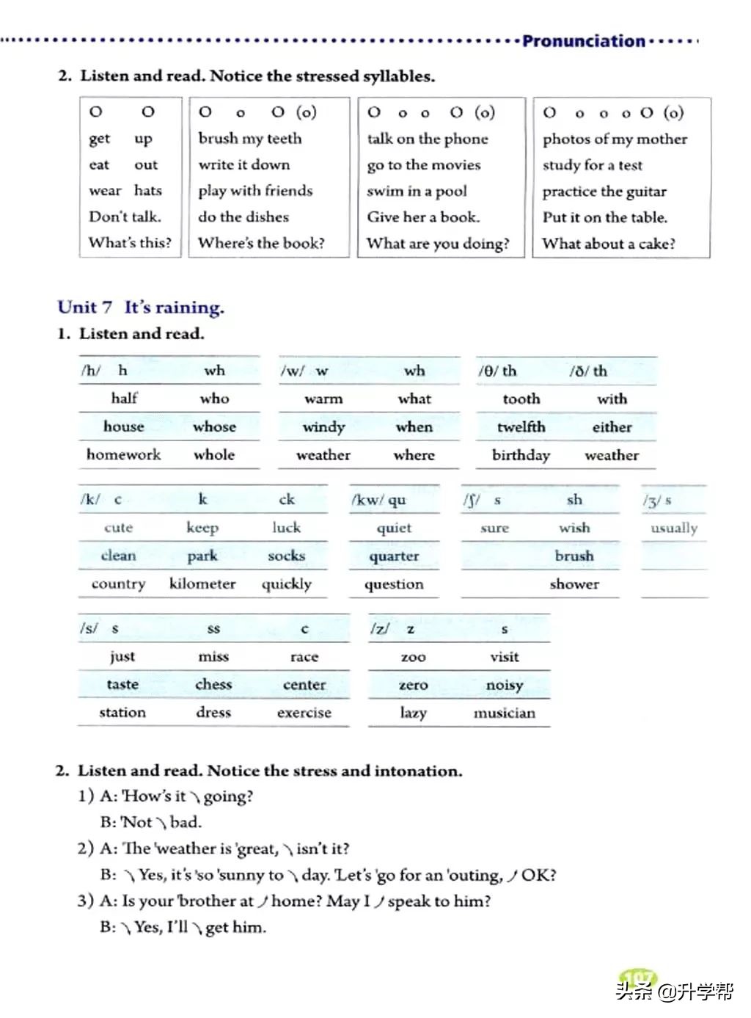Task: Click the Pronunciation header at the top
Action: [x=583, y=41]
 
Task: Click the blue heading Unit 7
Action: [x=85, y=308]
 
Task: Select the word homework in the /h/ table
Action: [x=123, y=454]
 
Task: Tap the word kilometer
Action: [x=202, y=583]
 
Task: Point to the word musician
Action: [x=505, y=713]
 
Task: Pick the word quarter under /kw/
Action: [x=394, y=556]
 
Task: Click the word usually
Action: [x=674, y=528]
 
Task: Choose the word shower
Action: [x=574, y=584]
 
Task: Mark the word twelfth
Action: [x=521, y=427]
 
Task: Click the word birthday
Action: [x=521, y=455]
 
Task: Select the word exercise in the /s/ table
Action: [x=304, y=713]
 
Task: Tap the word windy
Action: [x=323, y=427]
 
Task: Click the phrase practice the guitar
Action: [x=604, y=192]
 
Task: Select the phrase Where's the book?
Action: [x=261, y=243]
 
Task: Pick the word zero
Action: [x=413, y=685]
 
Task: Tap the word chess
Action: [x=213, y=685]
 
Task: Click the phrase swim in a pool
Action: [x=417, y=192]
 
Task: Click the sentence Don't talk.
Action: [x=125, y=217]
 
